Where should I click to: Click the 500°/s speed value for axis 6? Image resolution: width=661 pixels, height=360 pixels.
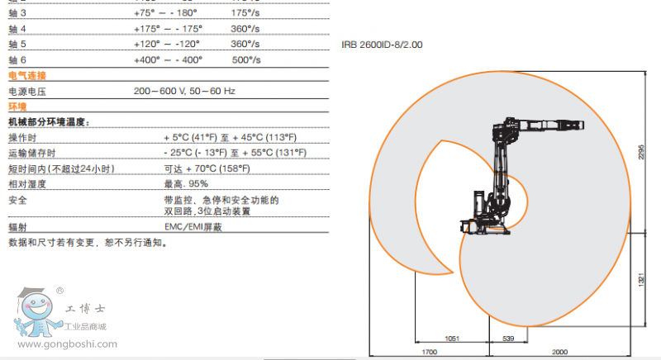(246, 59)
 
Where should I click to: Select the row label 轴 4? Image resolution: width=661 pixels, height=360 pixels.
(17, 28)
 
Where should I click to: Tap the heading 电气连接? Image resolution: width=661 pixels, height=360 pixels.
(27, 76)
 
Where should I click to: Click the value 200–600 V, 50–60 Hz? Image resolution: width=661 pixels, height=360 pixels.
(185, 91)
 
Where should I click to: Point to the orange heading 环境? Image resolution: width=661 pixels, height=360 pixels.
(17, 107)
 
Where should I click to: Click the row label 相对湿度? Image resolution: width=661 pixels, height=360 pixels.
(26, 183)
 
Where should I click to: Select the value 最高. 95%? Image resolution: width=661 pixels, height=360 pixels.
(186, 183)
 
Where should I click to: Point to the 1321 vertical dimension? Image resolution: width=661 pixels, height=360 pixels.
(640, 280)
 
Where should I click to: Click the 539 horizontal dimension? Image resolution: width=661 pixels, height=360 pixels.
(508, 338)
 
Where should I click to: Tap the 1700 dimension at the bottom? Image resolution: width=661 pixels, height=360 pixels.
(425, 353)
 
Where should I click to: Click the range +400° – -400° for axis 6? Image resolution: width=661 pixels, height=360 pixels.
(168, 59)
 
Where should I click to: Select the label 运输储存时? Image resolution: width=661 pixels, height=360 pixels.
(31, 153)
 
